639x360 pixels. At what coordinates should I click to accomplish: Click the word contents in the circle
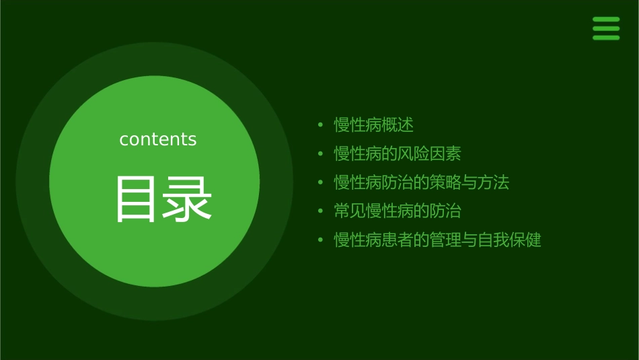[x=158, y=139]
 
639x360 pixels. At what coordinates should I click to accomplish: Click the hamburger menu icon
[x=606, y=28]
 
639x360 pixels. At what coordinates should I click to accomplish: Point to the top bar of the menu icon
[x=606, y=20]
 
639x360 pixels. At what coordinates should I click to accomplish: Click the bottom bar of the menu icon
[x=606, y=38]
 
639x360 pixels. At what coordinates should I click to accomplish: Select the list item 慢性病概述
[x=373, y=125]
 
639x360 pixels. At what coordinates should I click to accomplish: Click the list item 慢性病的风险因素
[x=398, y=154]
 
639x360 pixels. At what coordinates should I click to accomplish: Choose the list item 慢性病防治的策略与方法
[x=422, y=182]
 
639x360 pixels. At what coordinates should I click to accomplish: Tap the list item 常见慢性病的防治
[x=398, y=211]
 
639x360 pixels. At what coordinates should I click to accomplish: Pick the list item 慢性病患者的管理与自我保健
[x=438, y=240]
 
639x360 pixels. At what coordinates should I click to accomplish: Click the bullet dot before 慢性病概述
[x=321, y=125]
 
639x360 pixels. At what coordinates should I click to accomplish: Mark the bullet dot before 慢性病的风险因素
[x=321, y=154]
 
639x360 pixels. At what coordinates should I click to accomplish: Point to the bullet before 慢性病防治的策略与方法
[x=321, y=182]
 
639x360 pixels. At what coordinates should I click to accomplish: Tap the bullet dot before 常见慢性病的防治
[x=321, y=211]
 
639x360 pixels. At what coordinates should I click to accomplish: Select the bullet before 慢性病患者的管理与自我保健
[x=321, y=240]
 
